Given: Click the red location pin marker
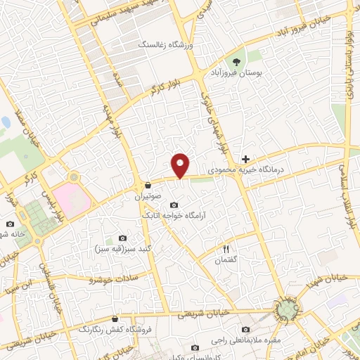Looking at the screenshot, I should [181, 165].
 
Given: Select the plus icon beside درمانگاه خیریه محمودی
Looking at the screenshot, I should [245, 160].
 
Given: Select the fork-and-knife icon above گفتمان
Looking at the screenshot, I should [226, 249].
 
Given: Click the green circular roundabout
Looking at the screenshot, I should [285, 309].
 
